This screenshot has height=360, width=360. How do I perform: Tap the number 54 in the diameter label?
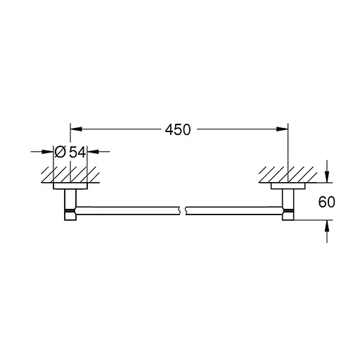click(77, 151)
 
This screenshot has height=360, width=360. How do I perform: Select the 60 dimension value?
click(326, 202)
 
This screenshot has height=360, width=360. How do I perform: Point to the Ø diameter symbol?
click(60, 151)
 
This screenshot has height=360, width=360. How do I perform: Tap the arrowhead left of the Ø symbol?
click(47, 151)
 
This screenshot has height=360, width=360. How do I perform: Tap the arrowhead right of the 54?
click(93, 151)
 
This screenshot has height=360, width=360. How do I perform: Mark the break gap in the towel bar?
click(184, 210)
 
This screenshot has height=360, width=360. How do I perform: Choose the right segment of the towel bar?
click(236, 210)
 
